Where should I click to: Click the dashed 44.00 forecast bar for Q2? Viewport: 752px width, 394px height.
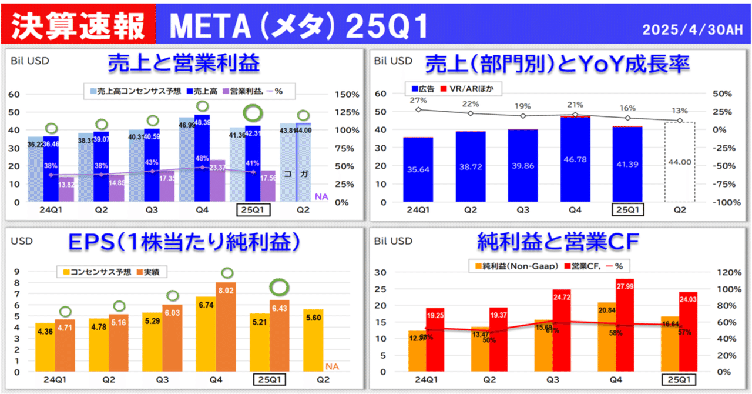coord(679,162)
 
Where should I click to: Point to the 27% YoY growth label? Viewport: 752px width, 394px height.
coord(418,101)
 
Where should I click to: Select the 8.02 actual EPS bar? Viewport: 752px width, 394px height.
coord(226,326)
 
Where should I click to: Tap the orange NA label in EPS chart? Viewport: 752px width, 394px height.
coord(333,367)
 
